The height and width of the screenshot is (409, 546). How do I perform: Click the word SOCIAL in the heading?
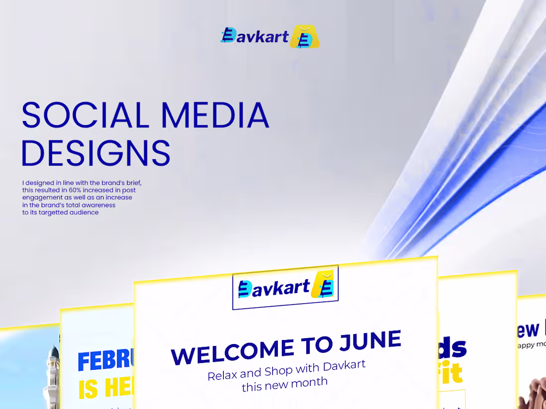coord(85,115)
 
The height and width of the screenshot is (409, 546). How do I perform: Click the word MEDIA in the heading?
coord(214,115)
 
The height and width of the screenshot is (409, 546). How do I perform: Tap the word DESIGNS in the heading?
coord(96,153)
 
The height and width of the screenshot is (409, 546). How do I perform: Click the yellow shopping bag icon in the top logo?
coord(305,37)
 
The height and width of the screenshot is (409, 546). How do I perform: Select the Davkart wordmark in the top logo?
coord(255,36)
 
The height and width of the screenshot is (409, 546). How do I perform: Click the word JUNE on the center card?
coord(370,341)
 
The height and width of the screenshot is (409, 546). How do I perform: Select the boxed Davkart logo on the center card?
coord(285,288)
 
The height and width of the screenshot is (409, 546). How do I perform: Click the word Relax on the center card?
coord(222,375)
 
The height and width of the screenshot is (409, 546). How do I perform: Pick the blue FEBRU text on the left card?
coord(106,360)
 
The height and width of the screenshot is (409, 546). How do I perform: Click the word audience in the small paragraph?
coord(83,212)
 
